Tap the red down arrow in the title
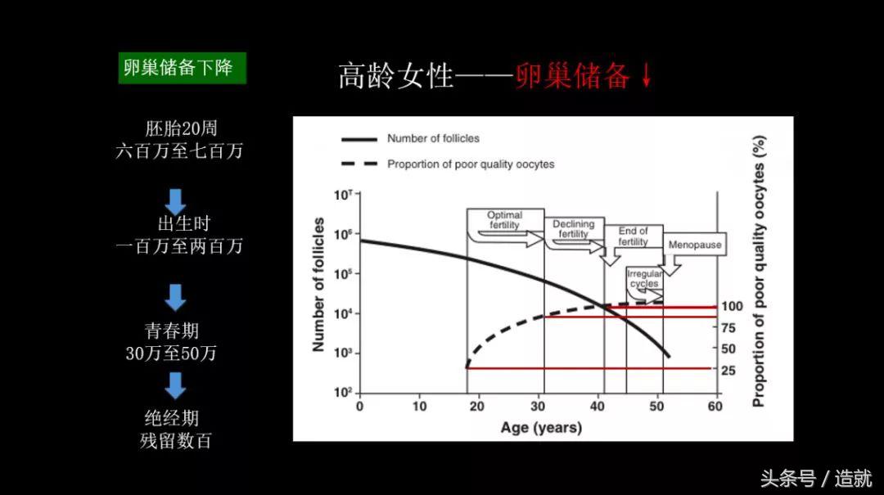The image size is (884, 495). (647, 76)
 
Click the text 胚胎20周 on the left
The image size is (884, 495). (181, 128)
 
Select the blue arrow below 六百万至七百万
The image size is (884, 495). (176, 200)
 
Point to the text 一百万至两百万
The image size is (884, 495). (179, 246)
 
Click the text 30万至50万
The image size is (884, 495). (171, 353)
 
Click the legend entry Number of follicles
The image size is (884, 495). (433, 139)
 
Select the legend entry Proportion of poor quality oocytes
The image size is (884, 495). (471, 164)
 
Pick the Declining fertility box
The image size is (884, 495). (574, 229)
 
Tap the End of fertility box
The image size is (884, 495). (633, 236)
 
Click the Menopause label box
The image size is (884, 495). (695, 245)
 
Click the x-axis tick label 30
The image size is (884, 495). (538, 406)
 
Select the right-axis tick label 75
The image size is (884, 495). (728, 328)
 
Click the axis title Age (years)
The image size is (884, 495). (541, 428)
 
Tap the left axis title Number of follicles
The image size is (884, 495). (318, 285)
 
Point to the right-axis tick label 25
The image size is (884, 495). (728, 371)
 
